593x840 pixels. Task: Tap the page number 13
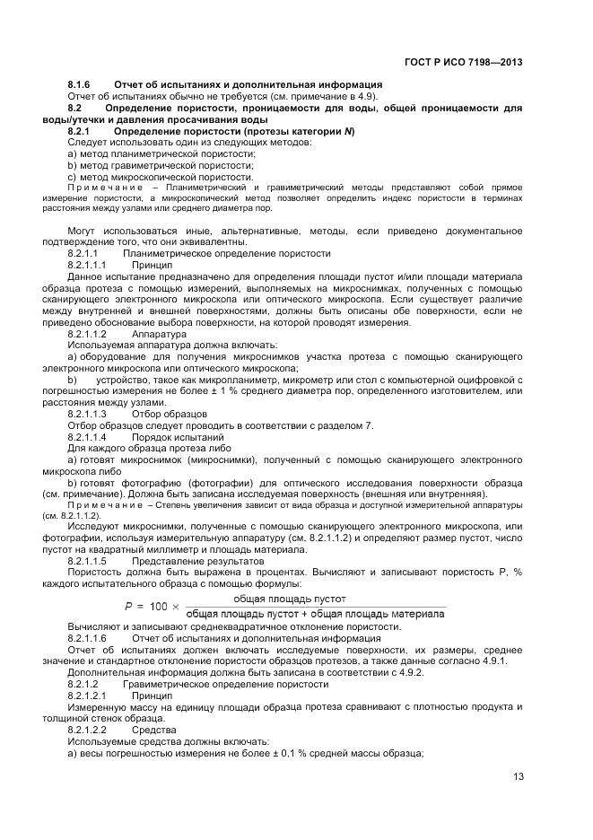(518, 777)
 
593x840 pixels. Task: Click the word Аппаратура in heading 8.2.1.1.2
(159, 334)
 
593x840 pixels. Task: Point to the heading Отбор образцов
(170, 414)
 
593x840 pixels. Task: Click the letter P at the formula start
(128, 606)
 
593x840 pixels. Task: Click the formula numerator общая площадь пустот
(290, 598)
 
